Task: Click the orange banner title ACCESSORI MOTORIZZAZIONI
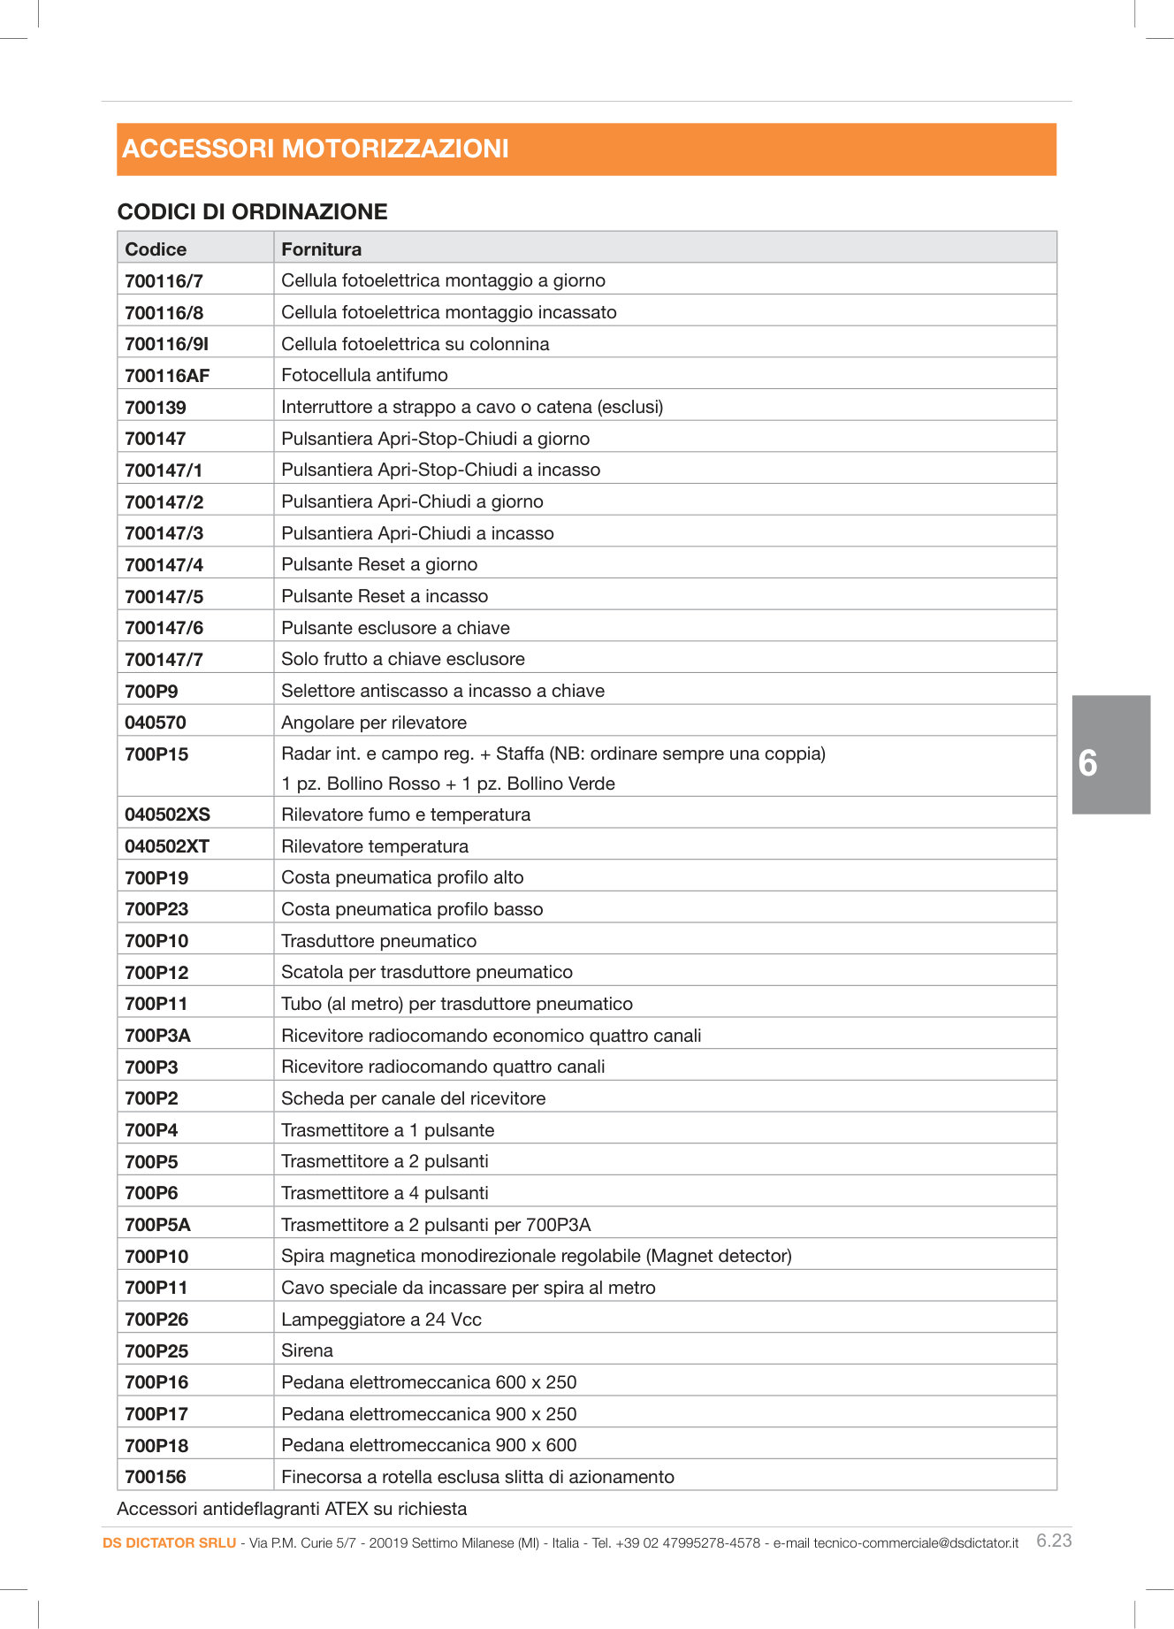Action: (x=316, y=149)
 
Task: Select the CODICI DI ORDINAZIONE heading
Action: (x=252, y=211)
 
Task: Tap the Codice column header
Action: (x=156, y=249)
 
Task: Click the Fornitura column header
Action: (x=321, y=249)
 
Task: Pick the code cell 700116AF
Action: (x=167, y=376)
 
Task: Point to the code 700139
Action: (x=156, y=408)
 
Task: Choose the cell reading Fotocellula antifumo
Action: (x=364, y=375)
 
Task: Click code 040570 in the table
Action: (x=156, y=723)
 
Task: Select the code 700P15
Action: (x=156, y=754)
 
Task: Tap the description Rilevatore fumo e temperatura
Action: (x=406, y=814)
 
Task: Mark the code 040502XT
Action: (x=167, y=846)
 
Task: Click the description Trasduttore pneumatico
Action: (x=378, y=941)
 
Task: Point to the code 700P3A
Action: (x=157, y=1036)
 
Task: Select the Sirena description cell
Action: (x=307, y=1350)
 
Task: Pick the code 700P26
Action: (x=156, y=1319)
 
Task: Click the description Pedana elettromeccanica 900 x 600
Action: (x=429, y=1445)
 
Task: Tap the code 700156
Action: (x=156, y=1477)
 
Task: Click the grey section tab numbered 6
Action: (x=1110, y=754)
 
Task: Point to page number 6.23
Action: (x=1054, y=1541)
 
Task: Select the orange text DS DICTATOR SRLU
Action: (x=169, y=1543)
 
